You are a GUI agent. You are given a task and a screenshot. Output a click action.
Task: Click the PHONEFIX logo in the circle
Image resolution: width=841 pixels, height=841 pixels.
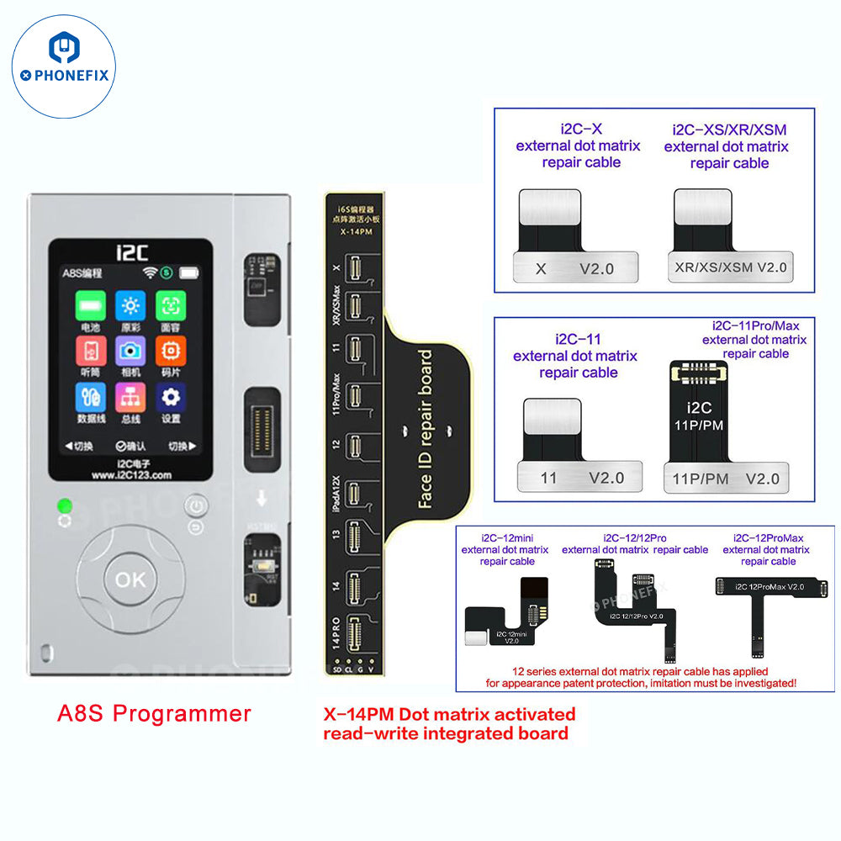click(65, 66)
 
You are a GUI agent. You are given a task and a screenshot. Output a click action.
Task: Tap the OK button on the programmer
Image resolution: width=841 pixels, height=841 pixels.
click(130, 579)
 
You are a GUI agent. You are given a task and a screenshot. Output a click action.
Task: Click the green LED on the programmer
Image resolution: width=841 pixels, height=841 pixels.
click(64, 507)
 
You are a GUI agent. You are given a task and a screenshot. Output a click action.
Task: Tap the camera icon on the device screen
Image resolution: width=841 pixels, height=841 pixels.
click(130, 352)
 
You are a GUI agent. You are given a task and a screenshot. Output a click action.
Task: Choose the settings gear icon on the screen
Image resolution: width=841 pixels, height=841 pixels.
click(171, 397)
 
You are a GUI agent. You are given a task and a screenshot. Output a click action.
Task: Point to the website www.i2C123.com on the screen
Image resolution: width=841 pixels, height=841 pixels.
click(130, 474)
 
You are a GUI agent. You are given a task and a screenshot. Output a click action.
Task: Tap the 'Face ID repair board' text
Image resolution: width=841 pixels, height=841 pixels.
click(426, 429)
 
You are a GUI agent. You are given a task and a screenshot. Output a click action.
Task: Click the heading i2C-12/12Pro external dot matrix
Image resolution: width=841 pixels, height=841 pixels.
click(635, 543)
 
